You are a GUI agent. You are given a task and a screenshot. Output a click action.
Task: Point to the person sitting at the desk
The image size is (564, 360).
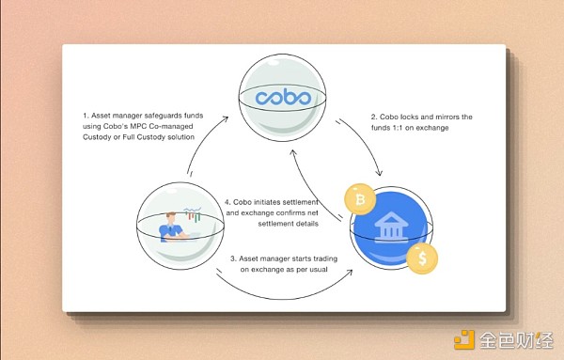(x=171, y=228)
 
